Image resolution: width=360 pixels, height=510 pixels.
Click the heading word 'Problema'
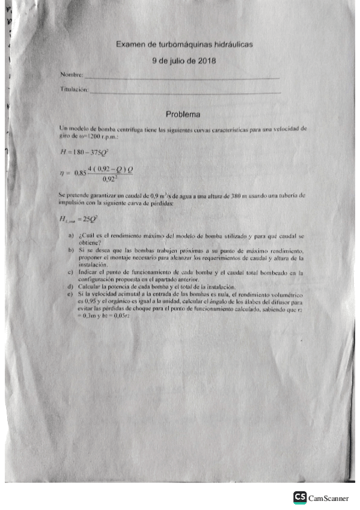click(x=183, y=114)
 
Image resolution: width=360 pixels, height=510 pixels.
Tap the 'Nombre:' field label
click(x=72, y=75)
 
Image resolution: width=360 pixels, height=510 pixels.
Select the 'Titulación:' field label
click(x=73, y=89)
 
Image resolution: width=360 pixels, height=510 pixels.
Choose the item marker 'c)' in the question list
click(x=71, y=272)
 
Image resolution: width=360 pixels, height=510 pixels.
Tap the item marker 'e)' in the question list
click(x=71, y=293)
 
